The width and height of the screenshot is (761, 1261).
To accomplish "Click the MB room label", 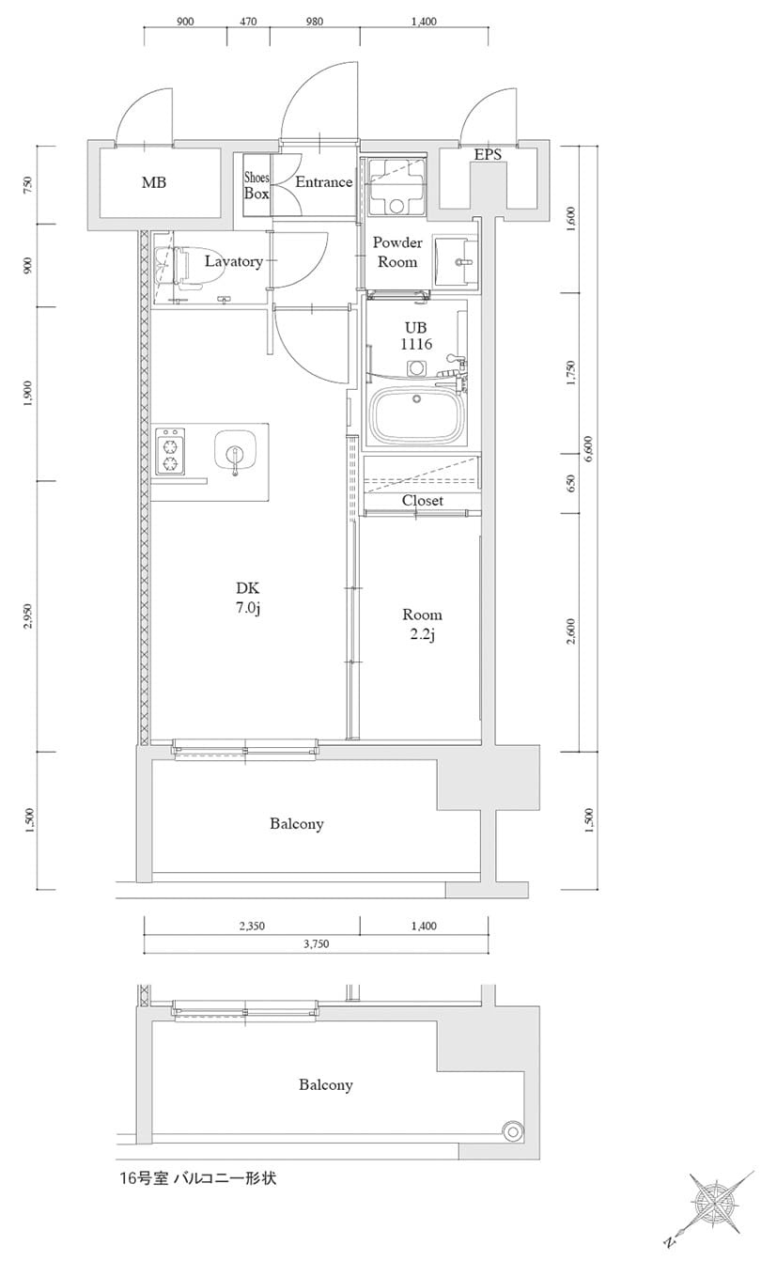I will pyautogui.click(x=154, y=182).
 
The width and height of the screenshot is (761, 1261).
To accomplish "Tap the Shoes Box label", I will pyautogui.click(x=256, y=185).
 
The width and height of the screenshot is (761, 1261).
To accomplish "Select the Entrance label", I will pyautogui.click(x=323, y=182).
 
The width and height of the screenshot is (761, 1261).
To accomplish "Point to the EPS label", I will pyautogui.click(x=488, y=154).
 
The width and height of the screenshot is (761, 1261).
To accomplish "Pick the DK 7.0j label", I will pyautogui.click(x=247, y=599).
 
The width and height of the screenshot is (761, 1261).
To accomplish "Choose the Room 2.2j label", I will pyautogui.click(x=422, y=624).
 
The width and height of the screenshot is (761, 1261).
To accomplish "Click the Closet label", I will pyautogui.click(x=422, y=501).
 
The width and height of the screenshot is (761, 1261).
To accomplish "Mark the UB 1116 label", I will pyautogui.click(x=416, y=336).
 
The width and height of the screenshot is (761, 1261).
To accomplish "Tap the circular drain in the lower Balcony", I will pyautogui.click(x=514, y=1130).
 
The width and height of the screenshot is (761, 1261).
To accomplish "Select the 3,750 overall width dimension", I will pyautogui.click(x=316, y=944).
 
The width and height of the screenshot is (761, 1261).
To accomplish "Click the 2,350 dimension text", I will pyautogui.click(x=251, y=926).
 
